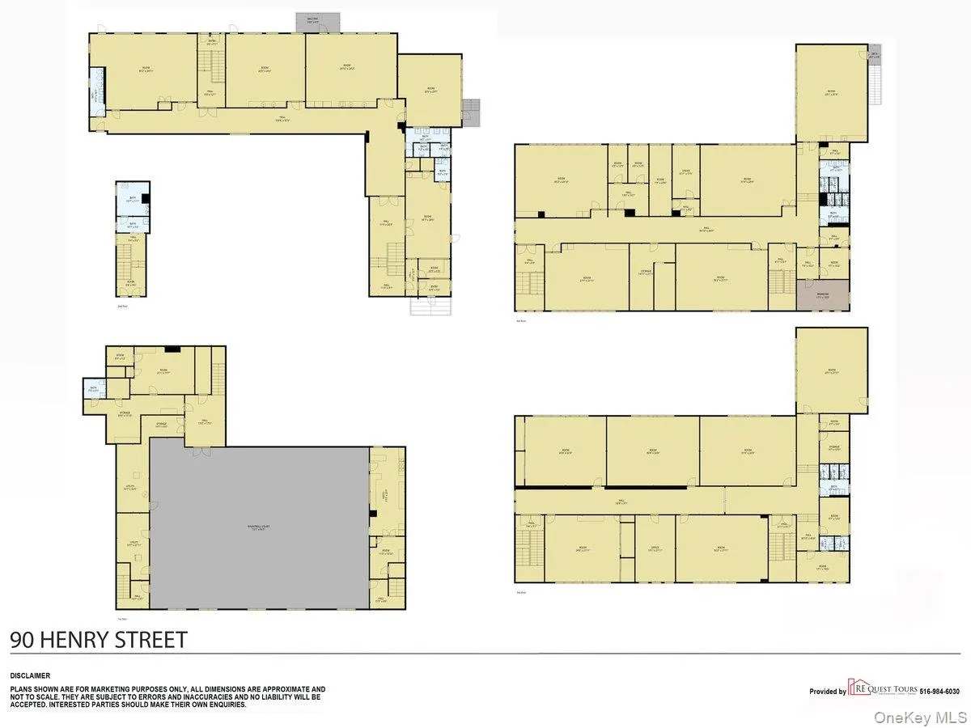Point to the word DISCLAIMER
[30, 675]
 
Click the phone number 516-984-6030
[939, 692]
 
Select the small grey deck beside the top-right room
[874, 54]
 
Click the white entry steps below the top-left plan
[429, 307]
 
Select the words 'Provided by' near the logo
[827, 692]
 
